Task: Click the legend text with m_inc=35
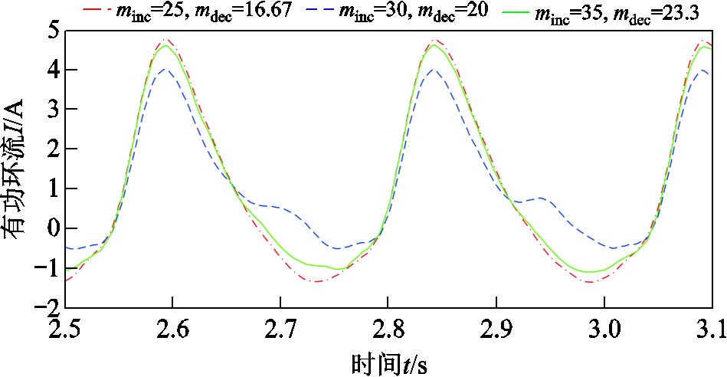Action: click(x=617, y=12)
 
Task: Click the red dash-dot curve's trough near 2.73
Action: click(x=316, y=281)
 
